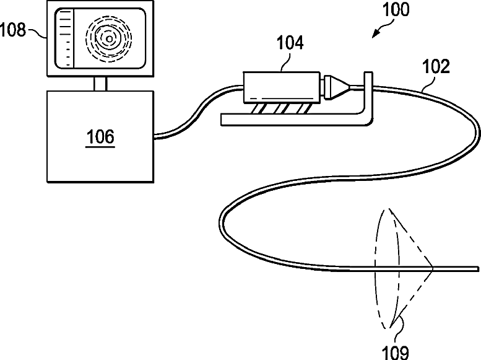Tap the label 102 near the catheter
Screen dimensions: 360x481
pos(437,66)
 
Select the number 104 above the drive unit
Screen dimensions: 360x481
pos(289,43)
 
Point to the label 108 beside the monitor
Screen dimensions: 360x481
pos(17,30)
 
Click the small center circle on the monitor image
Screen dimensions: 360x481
pos(109,39)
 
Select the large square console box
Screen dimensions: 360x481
pos(100,136)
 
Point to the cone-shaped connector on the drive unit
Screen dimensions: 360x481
pos(338,86)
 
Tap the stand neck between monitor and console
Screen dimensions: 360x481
pos(100,83)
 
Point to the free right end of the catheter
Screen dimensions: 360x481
pos(477,268)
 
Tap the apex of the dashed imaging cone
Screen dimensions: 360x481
pos(433,268)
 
